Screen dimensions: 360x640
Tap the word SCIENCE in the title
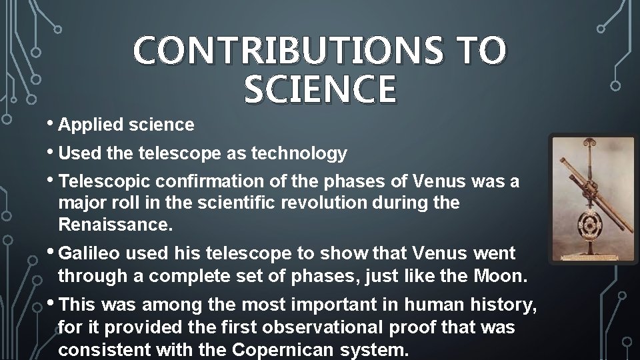coord(320,90)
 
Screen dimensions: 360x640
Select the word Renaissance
coord(115,224)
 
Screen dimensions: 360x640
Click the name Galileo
coord(89,254)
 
